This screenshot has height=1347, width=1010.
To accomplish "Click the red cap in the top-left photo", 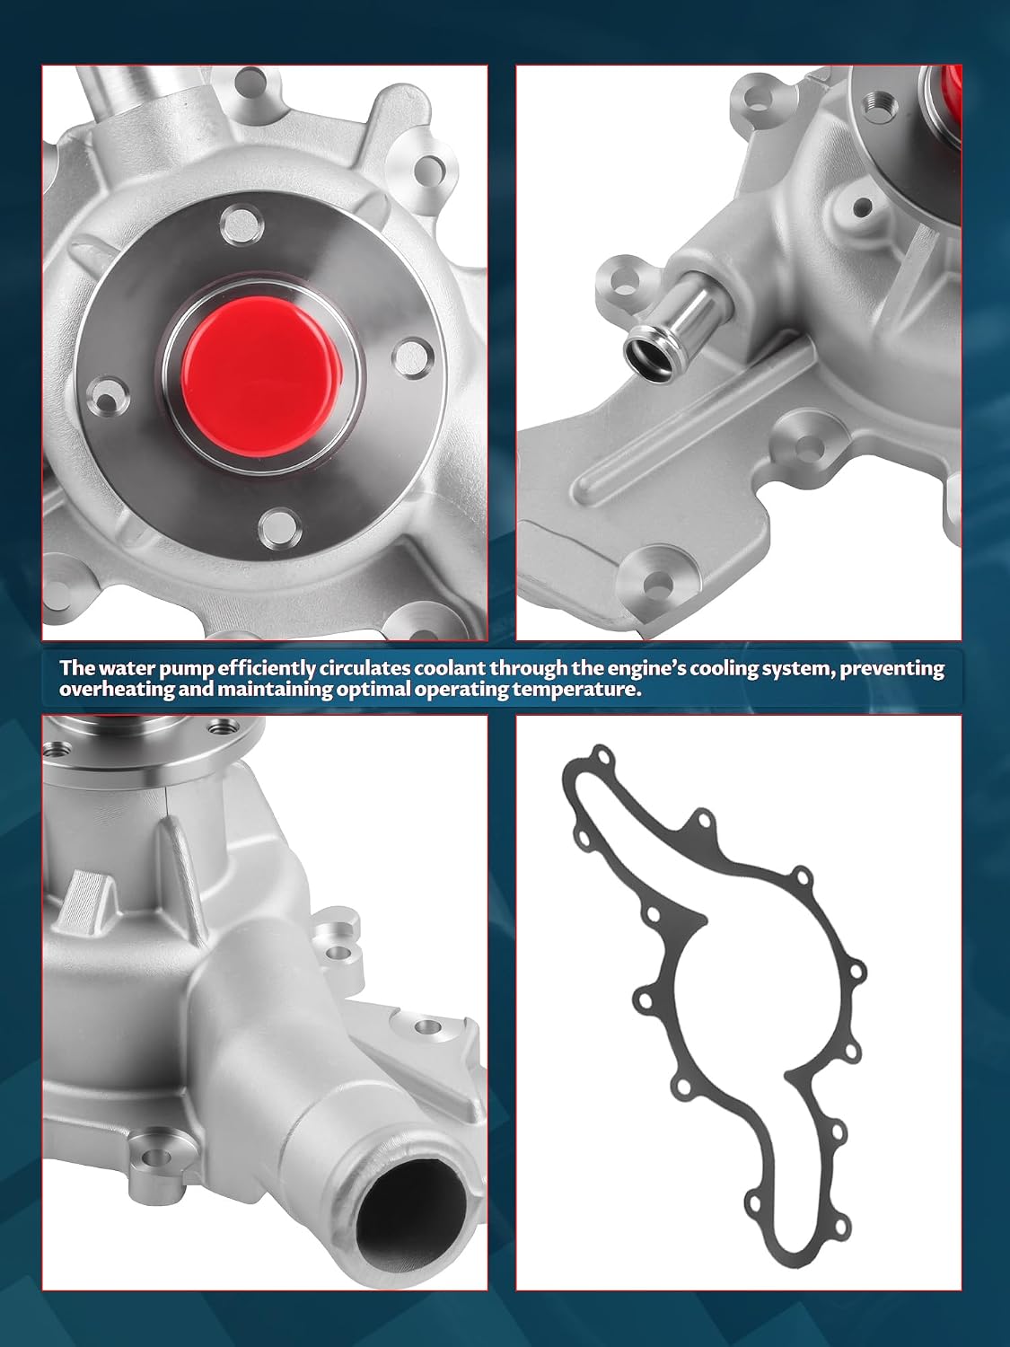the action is tap(262, 376).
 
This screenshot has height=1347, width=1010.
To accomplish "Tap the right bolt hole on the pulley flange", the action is tap(409, 356).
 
